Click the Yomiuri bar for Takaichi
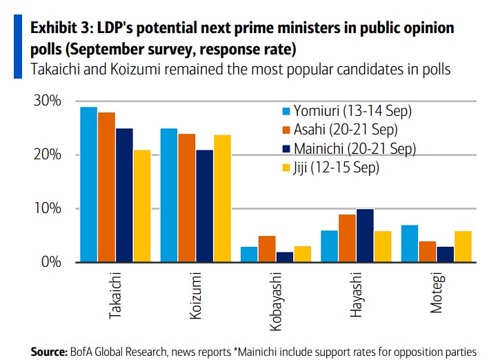[x=88, y=185]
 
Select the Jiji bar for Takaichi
[x=142, y=206]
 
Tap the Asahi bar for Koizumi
[x=187, y=198]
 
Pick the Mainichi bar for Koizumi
[x=205, y=206]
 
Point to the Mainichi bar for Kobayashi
[x=285, y=257]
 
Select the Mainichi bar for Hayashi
[x=366, y=236]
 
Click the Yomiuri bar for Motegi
[x=410, y=243]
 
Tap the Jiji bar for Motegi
[x=463, y=246]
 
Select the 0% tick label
[x=51, y=263]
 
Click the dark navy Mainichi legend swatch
[x=286, y=148]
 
